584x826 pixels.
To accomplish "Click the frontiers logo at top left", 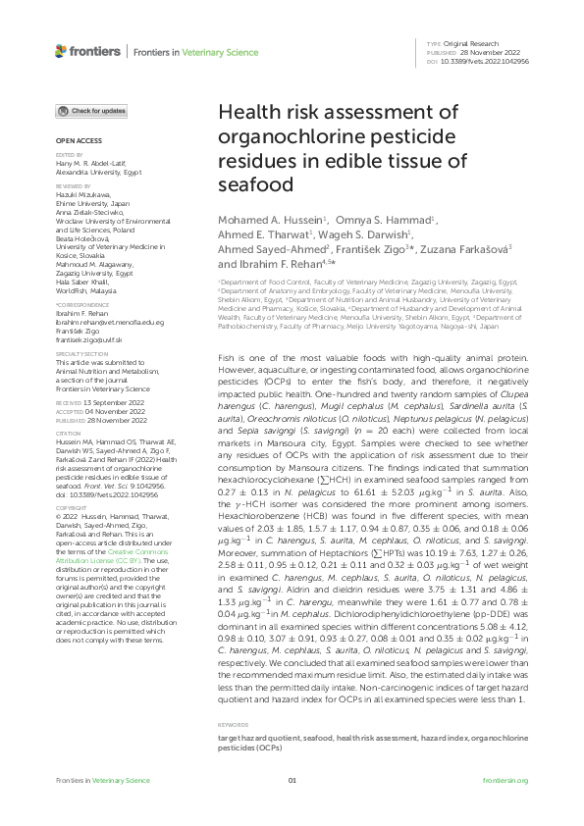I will tap(74, 50).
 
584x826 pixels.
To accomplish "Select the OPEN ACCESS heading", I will tap(73, 141).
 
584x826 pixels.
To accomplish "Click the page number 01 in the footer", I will tap(292, 806).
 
